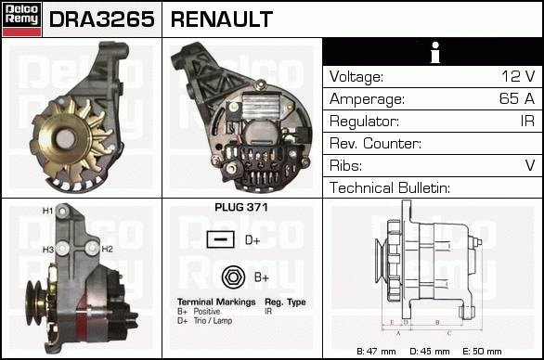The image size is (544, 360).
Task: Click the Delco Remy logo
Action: coord(22,19)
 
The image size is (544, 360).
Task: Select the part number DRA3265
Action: coord(102,19)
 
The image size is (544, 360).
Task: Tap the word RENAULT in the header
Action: coord(222,19)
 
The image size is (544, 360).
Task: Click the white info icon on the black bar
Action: coord(435,52)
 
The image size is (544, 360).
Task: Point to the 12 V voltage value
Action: coord(518,76)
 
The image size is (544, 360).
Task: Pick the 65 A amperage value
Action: coord(517,98)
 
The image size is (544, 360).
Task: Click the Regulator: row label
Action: coord(364,122)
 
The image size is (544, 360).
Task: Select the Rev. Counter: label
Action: coord(375,143)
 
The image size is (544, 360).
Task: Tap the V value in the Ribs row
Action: coord(530,165)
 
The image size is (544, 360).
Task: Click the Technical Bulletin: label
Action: coord(390,187)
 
